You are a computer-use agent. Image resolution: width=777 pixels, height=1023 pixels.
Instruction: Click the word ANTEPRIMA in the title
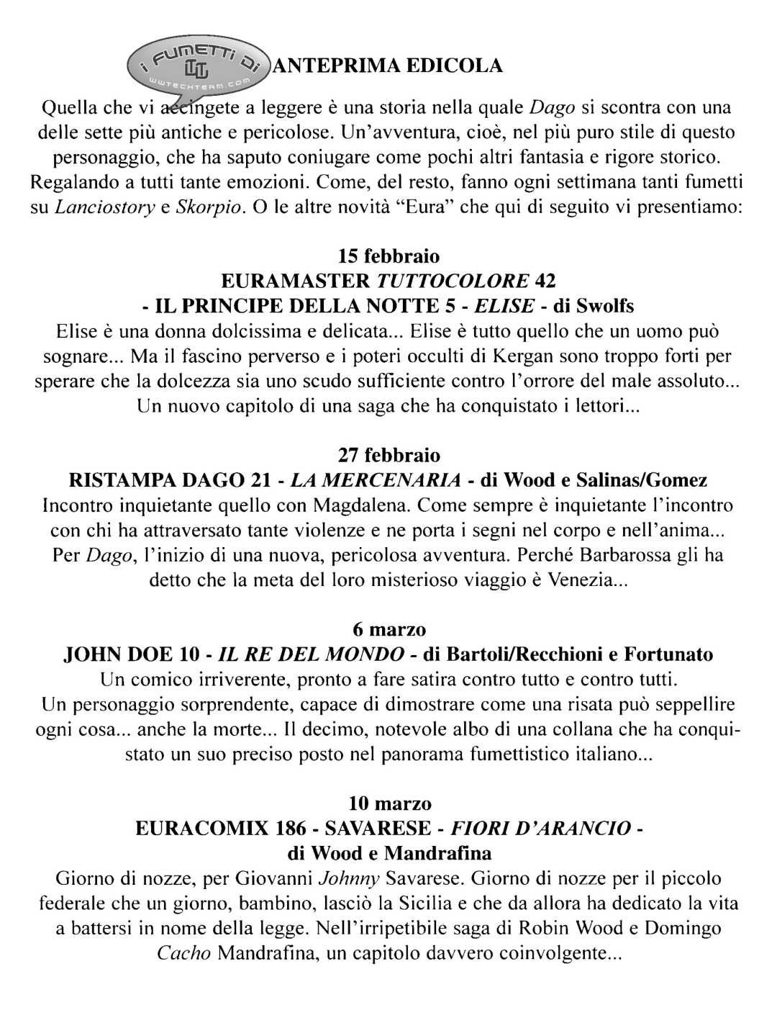pyautogui.click(x=332, y=66)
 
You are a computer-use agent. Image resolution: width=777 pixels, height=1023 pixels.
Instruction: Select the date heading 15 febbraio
pyautogui.click(x=388, y=256)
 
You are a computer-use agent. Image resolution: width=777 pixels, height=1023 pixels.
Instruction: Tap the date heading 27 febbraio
pyautogui.click(x=388, y=456)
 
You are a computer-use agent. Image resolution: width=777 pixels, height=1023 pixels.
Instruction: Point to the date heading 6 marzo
pyautogui.click(x=388, y=630)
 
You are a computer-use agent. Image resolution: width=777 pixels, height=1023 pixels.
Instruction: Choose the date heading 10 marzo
pyautogui.click(x=388, y=803)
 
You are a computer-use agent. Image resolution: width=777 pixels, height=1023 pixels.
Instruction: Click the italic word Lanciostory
pyautogui.click(x=104, y=208)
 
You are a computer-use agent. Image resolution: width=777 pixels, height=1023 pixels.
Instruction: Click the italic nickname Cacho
pyautogui.click(x=183, y=955)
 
